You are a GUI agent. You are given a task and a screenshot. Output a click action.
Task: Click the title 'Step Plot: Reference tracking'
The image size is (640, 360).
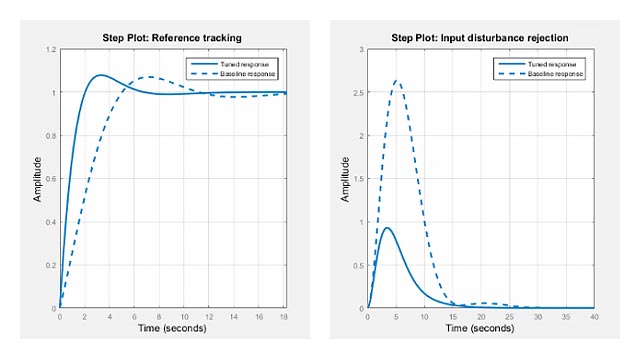pyautogui.click(x=172, y=37)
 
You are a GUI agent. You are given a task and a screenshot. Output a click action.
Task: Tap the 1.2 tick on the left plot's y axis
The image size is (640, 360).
pyautogui.click(x=50, y=49)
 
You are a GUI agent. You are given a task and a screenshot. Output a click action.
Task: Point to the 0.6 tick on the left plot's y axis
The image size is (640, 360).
pyautogui.click(x=50, y=179)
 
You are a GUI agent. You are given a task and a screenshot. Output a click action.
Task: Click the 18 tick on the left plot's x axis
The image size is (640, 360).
pyautogui.click(x=285, y=317)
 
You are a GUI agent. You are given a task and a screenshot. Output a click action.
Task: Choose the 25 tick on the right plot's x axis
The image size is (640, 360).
pyautogui.click(x=511, y=317)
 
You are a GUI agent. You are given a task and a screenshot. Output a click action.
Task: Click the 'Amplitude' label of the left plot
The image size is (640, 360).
pyautogui.click(x=37, y=179)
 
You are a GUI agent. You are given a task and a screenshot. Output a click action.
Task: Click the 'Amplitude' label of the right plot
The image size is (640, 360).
pyautogui.click(x=346, y=179)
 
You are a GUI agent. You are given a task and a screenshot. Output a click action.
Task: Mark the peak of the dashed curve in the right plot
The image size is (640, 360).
pyautogui.click(x=398, y=81)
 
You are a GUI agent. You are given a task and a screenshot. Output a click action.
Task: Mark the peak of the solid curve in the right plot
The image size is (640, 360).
pyautogui.click(x=388, y=228)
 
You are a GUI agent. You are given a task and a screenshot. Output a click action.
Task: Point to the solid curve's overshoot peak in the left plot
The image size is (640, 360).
pyautogui.click(x=99, y=75)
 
